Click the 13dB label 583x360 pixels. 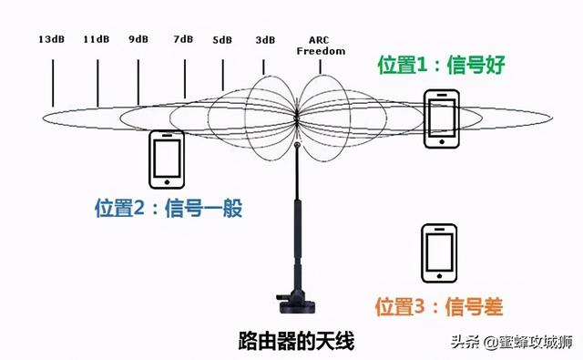click(x=51, y=40)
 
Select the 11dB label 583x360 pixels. click(x=96, y=40)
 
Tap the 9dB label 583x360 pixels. click(x=138, y=40)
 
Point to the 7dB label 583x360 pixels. click(x=183, y=40)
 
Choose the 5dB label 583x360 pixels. click(x=222, y=40)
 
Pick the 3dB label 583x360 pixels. click(x=265, y=40)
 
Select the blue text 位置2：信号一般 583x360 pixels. click(x=169, y=208)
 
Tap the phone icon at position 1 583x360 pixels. click(x=443, y=118)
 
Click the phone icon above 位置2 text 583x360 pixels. click(x=167, y=158)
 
